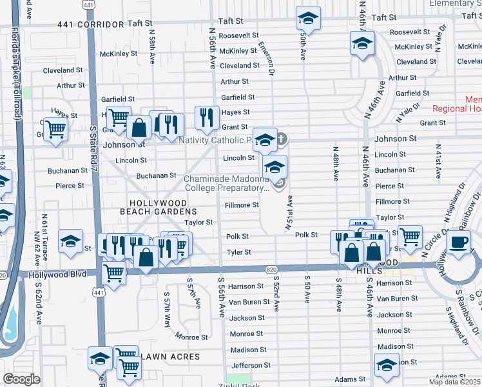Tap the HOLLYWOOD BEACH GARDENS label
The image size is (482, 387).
(158, 207)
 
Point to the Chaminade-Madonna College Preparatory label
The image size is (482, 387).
(226, 184)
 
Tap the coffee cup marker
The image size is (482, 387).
(458, 243)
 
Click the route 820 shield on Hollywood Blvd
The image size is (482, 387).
(271, 268)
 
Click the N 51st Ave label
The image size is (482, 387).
(288, 213)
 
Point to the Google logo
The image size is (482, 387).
(21, 379)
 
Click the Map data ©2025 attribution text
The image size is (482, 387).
(454, 382)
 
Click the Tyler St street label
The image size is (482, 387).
(238, 252)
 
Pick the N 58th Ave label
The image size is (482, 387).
(152, 49)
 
